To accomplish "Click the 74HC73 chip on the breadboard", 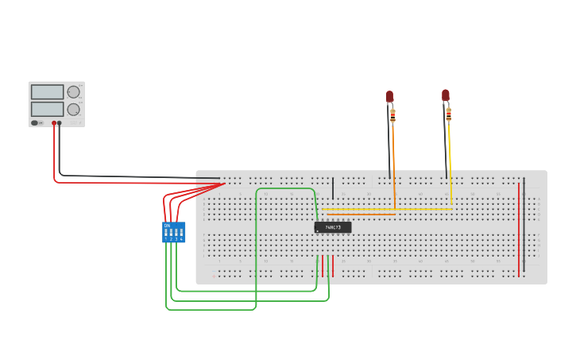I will pos(333,227).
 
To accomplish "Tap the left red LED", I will pos(389,96).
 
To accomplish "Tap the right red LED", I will pos(446,95).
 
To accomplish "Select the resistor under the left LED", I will pos(392,117).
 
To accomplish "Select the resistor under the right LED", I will pos(449,115).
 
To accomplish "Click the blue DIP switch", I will pos(173,232).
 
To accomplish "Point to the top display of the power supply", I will pos(47,92).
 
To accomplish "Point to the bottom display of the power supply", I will pos(47,109).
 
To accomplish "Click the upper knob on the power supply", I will pos(73,92).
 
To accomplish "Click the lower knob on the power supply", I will pos(73,110).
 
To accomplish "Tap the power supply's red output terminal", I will pos(54,123).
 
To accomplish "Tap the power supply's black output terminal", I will pos(60,123).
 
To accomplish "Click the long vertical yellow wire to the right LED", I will pos(450,167).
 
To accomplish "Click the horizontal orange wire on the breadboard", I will pos(358,214).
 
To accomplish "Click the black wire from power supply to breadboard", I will pos(127,176).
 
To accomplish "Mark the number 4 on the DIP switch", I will pos(181,238).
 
